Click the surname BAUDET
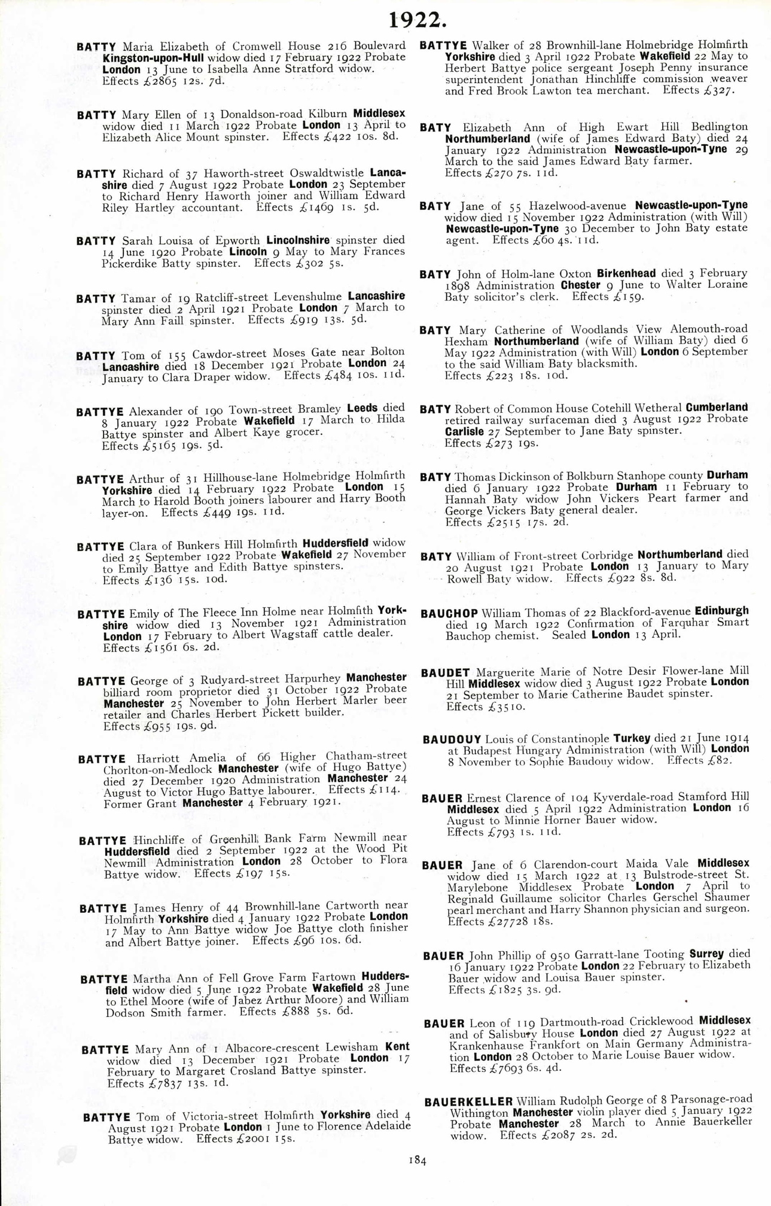tap(446, 673)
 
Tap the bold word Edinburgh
tap(721, 611)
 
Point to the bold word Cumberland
tap(717, 407)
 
